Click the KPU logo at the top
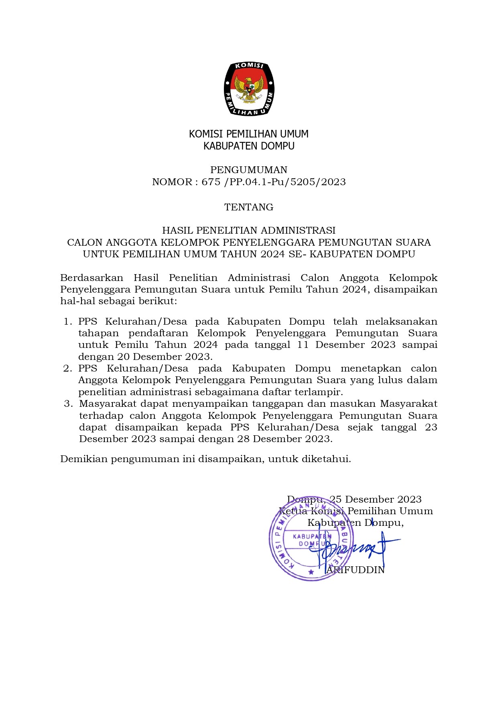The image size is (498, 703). pyautogui.click(x=249, y=89)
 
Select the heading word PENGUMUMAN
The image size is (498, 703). pyautogui.click(x=249, y=170)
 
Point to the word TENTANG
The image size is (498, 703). pyautogui.click(x=249, y=207)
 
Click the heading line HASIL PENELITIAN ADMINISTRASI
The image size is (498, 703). pyautogui.click(x=249, y=230)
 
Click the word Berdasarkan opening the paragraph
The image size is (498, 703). pyautogui.click(x=91, y=278)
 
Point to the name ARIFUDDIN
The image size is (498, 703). pyautogui.click(x=355, y=570)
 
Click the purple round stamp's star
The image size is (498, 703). pyautogui.click(x=311, y=572)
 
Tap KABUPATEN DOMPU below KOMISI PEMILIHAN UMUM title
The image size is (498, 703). pyautogui.click(x=249, y=146)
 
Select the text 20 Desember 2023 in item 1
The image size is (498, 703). pyautogui.click(x=165, y=357)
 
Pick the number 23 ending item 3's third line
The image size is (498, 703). pyautogui.click(x=431, y=427)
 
